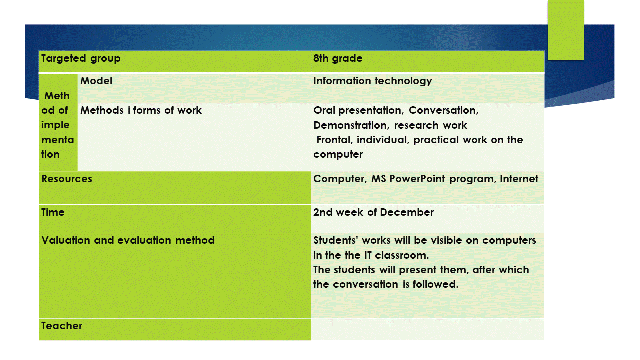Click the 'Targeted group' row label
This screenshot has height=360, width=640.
click(x=81, y=59)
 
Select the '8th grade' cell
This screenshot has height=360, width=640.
click(x=338, y=58)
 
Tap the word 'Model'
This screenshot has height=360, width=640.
click(x=96, y=81)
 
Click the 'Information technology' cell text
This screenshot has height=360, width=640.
click(x=373, y=81)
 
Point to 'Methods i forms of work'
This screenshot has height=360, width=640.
click(x=141, y=110)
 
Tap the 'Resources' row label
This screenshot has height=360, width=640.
click(x=67, y=179)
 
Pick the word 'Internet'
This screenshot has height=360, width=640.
click(x=519, y=179)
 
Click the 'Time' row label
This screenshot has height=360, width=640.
click(x=53, y=212)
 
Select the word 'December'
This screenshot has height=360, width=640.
click(x=407, y=212)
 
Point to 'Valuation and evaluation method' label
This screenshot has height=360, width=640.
click(x=128, y=240)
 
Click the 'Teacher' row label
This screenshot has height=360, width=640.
click(x=62, y=326)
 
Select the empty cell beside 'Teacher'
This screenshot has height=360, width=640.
click(x=427, y=329)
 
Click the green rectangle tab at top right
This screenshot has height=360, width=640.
click(x=565, y=30)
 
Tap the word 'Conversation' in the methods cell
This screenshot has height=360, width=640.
click(x=443, y=111)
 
